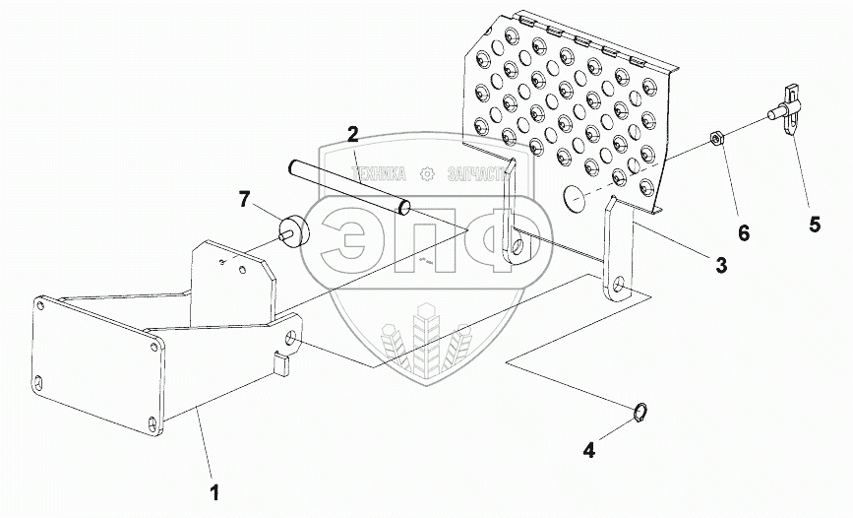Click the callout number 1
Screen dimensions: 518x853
point(213,489)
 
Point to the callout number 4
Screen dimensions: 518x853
point(589,451)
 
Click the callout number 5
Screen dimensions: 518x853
point(814,224)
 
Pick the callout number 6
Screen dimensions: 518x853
point(744,232)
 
